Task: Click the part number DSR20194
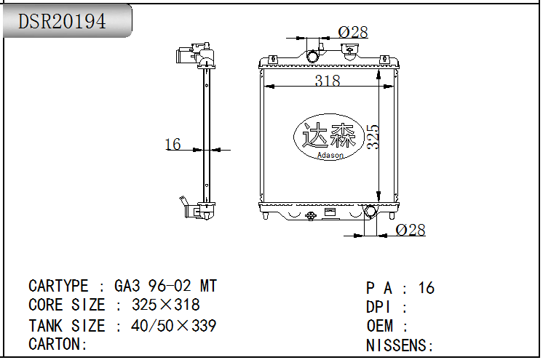point(62,21)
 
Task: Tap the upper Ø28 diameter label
point(353,32)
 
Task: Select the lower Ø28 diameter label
point(411,230)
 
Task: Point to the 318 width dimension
point(328,80)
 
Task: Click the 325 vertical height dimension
point(373,137)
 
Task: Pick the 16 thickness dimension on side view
point(173,144)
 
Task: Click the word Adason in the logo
point(330,155)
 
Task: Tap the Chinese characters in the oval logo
point(329,135)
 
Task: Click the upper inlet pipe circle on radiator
point(312,56)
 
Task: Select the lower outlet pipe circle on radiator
point(370,211)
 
